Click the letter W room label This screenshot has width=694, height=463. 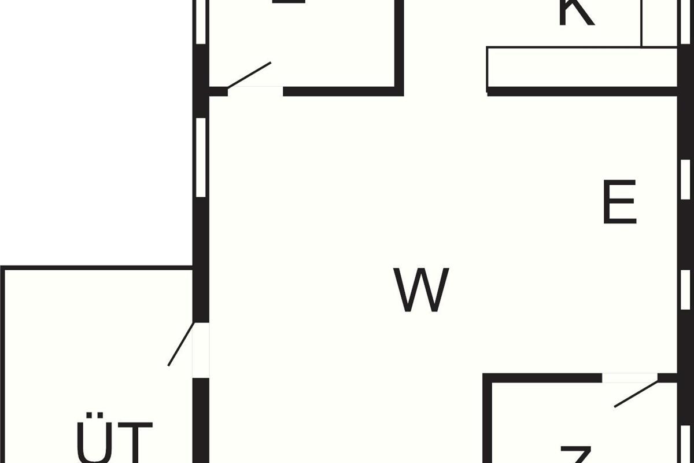tap(423, 290)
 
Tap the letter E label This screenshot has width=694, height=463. tap(619, 202)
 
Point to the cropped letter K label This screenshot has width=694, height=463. tap(576, 13)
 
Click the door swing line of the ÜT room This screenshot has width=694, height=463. tap(180, 344)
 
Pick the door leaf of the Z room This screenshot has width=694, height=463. tap(636, 394)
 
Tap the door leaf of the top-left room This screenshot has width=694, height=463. tap(249, 75)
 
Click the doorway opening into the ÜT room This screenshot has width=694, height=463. tap(201, 350)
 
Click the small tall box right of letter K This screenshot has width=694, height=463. tap(659, 23)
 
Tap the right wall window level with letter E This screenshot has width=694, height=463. tap(685, 179)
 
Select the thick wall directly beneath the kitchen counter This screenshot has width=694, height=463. tap(581, 91)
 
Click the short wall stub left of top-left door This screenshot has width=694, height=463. tap(218, 91)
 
